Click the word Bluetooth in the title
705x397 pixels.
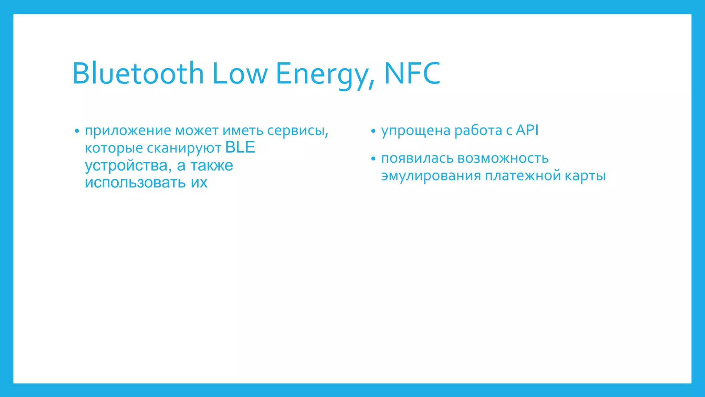coord(138,73)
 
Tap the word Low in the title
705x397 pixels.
coord(240,73)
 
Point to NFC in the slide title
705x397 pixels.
coord(412,73)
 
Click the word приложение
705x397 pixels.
coord(128,131)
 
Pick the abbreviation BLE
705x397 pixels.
coord(240,147)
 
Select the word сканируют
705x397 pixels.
coord(184,148)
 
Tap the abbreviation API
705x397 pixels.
coord(527,130)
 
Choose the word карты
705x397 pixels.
coord(585,176)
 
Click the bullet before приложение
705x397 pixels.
coord(77,131)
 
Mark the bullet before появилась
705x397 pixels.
coord(373,159)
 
